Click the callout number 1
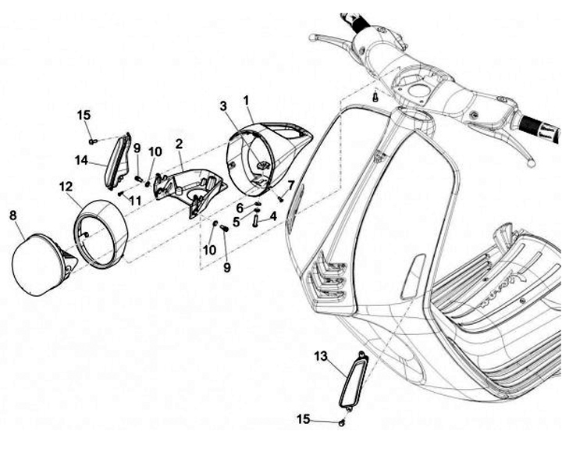[247, 100]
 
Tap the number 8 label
[12, 214]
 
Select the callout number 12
[65, 187]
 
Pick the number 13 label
[321, 356]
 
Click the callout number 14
[80, 160]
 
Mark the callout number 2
[179, 144]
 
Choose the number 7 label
[291, 185]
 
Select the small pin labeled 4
[255, 221]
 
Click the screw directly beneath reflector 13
[343, 422]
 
